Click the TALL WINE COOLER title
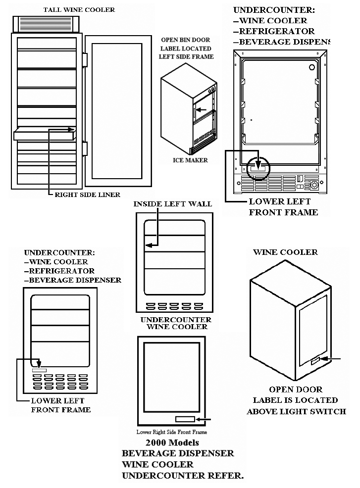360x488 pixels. click(x=79, y=9)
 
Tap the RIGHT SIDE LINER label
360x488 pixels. click(x=87, y=195)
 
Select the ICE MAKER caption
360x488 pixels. click(x=190, y=160)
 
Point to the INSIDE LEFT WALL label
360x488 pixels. click(x=172, y=203)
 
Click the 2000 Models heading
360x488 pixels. click(x=172, y=442)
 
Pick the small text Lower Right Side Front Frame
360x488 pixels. click(x=172, y=432)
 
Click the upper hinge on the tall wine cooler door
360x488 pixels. click(x=85, y=60)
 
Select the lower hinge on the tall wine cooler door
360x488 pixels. click(x=85, y=148)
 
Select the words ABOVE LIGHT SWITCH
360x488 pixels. click(x=296, y=411)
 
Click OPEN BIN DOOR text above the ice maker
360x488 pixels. click(x=186, y=40)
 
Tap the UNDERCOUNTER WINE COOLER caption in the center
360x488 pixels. click(x=176, y=323)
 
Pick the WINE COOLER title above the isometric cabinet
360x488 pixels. click(x=285, y=252)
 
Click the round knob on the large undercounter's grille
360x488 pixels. click(x=313, y=186)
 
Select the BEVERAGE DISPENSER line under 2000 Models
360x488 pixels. click(x=178, y=453)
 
